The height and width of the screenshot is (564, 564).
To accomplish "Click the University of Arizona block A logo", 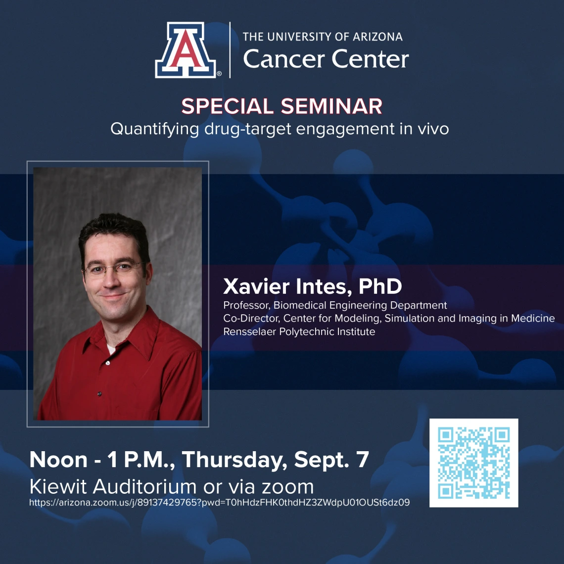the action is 186,49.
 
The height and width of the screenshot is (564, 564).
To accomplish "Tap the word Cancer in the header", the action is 284,59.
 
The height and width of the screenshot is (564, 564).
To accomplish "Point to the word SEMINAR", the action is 331,106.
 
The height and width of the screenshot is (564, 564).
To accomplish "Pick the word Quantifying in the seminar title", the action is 155,129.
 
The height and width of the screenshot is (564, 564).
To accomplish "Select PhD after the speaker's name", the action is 380,286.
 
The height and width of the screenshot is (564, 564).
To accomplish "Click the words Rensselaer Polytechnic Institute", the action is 299,331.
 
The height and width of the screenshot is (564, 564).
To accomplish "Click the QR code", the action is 474,463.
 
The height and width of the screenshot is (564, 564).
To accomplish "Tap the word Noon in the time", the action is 58,460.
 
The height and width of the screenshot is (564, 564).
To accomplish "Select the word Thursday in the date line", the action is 235,461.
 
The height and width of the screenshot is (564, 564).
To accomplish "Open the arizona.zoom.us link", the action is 219,503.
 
